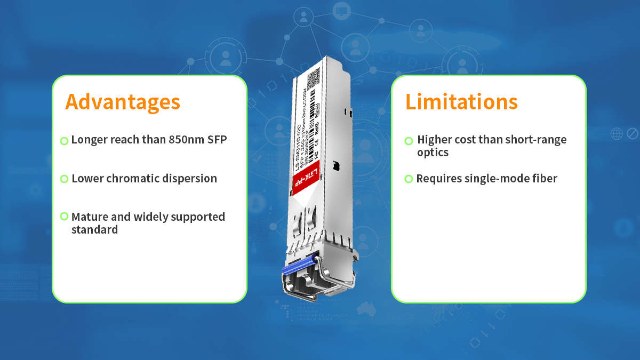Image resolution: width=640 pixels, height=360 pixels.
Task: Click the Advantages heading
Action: click(x=123, y=102)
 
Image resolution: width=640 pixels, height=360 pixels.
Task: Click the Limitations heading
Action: click(x=461, y=102)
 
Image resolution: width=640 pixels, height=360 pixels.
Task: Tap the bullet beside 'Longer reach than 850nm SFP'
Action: click(x=64, y=141)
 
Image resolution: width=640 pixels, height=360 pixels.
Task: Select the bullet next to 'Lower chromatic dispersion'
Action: click(x=64, y=179)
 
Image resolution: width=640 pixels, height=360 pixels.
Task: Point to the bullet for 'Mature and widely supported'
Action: click(x=64, y=217)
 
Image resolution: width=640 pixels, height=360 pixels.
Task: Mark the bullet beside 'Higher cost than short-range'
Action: click(x=409, y=141)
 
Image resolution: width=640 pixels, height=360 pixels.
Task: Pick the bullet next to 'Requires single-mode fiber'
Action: click(x=409, y=179)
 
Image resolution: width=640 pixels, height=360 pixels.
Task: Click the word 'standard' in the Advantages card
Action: click(x=94, y=230)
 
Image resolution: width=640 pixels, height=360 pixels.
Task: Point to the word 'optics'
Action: click(x=433, y=153)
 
